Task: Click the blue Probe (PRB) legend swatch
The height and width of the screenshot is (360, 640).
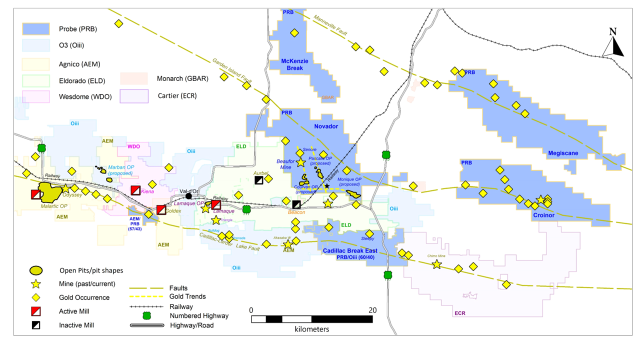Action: point(35,29)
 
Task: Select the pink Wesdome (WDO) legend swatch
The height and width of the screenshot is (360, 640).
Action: point(35,96)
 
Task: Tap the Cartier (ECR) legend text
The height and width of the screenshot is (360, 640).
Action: point(177,95)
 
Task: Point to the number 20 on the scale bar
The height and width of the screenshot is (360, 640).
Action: point(372,309)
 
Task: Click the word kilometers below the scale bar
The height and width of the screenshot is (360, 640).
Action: point(311,329)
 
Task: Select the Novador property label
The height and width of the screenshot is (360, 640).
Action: point(325,126)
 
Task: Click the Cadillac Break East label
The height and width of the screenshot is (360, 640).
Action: point(350,250)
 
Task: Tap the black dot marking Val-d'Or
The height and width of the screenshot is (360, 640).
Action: point(188,196)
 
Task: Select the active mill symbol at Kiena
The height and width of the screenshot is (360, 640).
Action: point(135,190)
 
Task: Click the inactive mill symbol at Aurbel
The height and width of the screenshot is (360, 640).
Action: point(259,180)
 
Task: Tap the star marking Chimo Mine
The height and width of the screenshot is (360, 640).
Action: point(437,264)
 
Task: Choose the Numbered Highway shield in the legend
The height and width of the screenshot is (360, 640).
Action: point(146,316)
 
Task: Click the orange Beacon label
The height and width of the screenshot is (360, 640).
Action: point(297,212)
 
